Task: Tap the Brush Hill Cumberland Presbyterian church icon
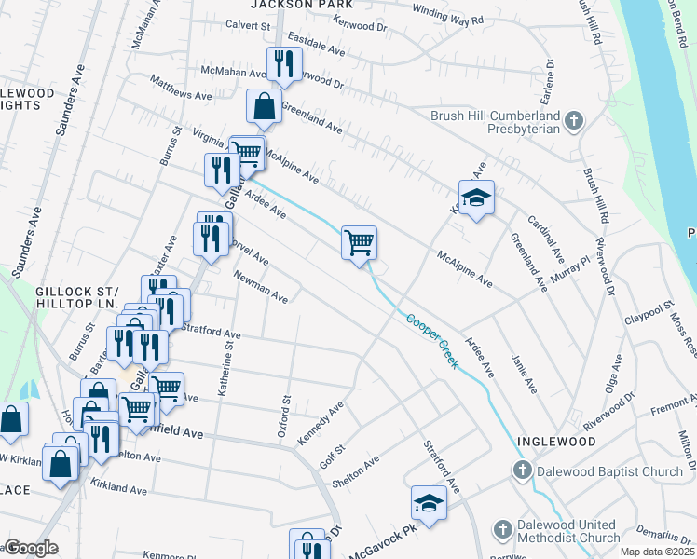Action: click(574, 121)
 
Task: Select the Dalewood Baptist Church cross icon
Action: click(524, 471)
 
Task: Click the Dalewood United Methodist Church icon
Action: click(502, 530)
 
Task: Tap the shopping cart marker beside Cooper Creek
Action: click(359, 243)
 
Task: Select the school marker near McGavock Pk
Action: click(430, 503)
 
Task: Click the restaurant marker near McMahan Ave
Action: click(281, 64)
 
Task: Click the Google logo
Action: click(31, 548)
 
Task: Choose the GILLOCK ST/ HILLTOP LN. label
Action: click(77, 298)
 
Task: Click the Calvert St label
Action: click(247, 26)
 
